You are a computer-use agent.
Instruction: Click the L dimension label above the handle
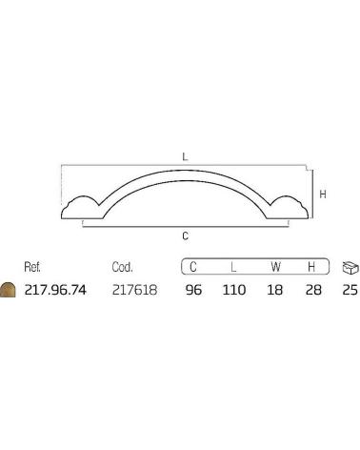tap(185, 156)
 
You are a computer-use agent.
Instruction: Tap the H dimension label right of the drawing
tap(323, 194)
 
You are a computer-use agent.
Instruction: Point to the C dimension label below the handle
tap(186, 236)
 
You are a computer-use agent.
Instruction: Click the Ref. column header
tap(32, 267)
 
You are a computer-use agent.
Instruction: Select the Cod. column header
tap(122, 267)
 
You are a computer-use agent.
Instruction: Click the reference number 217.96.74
tap(55, 290)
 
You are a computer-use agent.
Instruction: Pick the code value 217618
tap(134, 290)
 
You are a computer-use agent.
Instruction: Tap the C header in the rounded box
tap(193, 267)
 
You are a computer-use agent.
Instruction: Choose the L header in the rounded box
tap(233, 267)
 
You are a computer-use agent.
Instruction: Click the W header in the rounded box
tap(275, 267)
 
